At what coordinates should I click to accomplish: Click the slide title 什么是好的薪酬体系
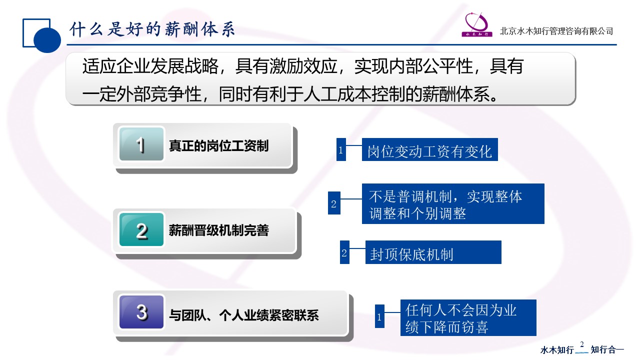pos(152,29)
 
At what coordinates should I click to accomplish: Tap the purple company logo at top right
pos(477,24)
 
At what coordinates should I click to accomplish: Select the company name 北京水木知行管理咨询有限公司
pos(556,31)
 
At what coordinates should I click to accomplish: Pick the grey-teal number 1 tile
pos(141,144)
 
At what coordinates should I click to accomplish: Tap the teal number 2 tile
pos(141,229)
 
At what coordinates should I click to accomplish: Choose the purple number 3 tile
pos(141,311)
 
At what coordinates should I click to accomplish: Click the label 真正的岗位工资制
pos(218,145)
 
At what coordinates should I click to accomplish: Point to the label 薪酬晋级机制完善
pos(218,230)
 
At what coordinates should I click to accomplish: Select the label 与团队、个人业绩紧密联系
pos(243,315)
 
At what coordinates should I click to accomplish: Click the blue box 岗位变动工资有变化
pos(429,149)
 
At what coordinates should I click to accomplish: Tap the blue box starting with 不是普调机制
pos(453,203)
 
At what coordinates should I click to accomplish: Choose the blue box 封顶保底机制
pos(433,252)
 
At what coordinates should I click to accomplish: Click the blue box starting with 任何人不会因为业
pos(468,317)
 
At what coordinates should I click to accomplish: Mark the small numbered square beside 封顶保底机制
pos(344,252)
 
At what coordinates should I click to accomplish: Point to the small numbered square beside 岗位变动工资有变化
pos(341,149)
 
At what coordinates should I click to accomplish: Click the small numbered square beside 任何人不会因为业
pos(379,316)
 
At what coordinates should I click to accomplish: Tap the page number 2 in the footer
pos(581,344)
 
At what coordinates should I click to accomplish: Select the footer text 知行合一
pos(607,349)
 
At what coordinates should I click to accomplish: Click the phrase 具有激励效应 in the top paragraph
pos(286,66)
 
